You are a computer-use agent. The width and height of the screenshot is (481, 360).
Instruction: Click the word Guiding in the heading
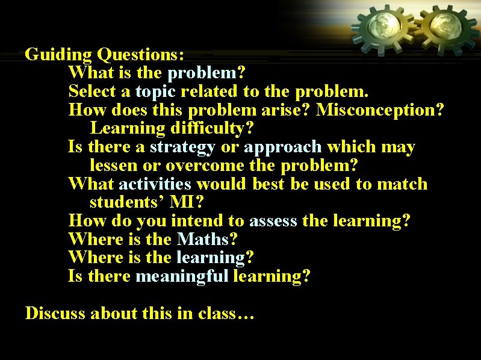point(58,55)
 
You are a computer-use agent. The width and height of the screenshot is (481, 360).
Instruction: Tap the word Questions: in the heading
point(141,55)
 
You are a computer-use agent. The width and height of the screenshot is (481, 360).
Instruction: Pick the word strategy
point(182,147)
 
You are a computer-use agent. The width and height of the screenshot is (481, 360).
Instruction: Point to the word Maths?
point(207,239)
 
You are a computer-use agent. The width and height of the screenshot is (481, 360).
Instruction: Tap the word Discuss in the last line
point(55,314)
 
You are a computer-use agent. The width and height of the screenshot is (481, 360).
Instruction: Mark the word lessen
point(114,166)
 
